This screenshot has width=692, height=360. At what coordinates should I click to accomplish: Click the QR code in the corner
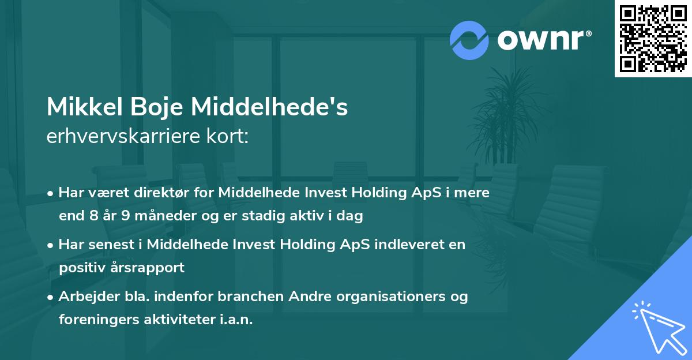653,39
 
